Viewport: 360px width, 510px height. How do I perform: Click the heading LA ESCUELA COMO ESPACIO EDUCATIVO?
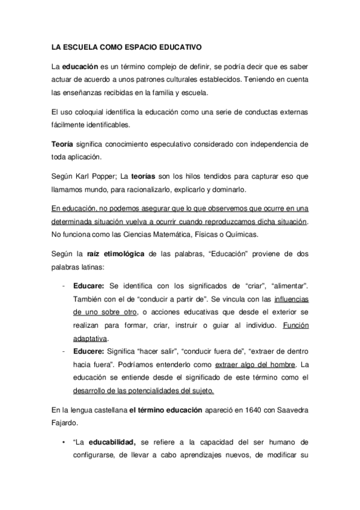click(x=126, y=46)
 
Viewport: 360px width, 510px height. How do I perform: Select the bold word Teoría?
click(x=63, y=144)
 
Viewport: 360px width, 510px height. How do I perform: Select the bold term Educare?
click(x=89, y=286)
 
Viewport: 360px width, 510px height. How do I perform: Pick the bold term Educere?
click(x=89, y=351)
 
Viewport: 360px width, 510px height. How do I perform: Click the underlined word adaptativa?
click(x=90, y=338)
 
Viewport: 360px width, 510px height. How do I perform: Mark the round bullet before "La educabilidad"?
click(x=63, y=442)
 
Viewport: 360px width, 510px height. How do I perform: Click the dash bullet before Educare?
click(x=64, y=286)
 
